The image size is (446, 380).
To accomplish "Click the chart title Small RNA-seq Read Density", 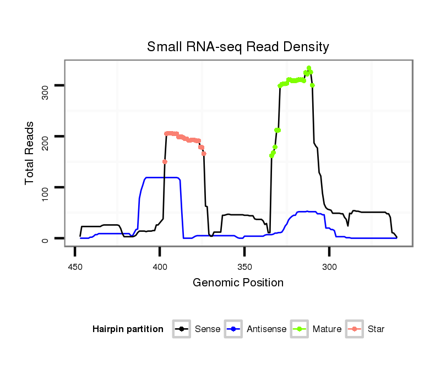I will [x=238, y=47].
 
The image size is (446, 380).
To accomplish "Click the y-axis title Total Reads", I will [x=30, y=153].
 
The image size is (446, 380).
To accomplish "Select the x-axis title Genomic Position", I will [x=238, y=283].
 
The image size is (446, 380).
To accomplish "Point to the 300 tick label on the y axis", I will [x=46, y=85].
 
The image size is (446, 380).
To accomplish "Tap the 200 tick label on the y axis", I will [x=46, y=137].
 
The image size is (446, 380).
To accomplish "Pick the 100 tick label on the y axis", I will [x=46, y=188].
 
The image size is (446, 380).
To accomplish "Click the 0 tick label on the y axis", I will [x=46, y=238].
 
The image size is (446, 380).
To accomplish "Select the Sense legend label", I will [x=208, y=329].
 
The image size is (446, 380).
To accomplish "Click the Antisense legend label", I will [x=266, y=329].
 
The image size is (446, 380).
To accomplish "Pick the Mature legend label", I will [x=327, y=329].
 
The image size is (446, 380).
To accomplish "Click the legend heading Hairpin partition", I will [x=128, y=329].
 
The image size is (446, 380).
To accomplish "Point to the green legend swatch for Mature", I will [x=301, y=329].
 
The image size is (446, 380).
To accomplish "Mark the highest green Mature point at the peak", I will [x=309, y=68].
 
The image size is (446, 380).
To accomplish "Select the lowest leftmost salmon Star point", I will [x=165, y=161].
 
